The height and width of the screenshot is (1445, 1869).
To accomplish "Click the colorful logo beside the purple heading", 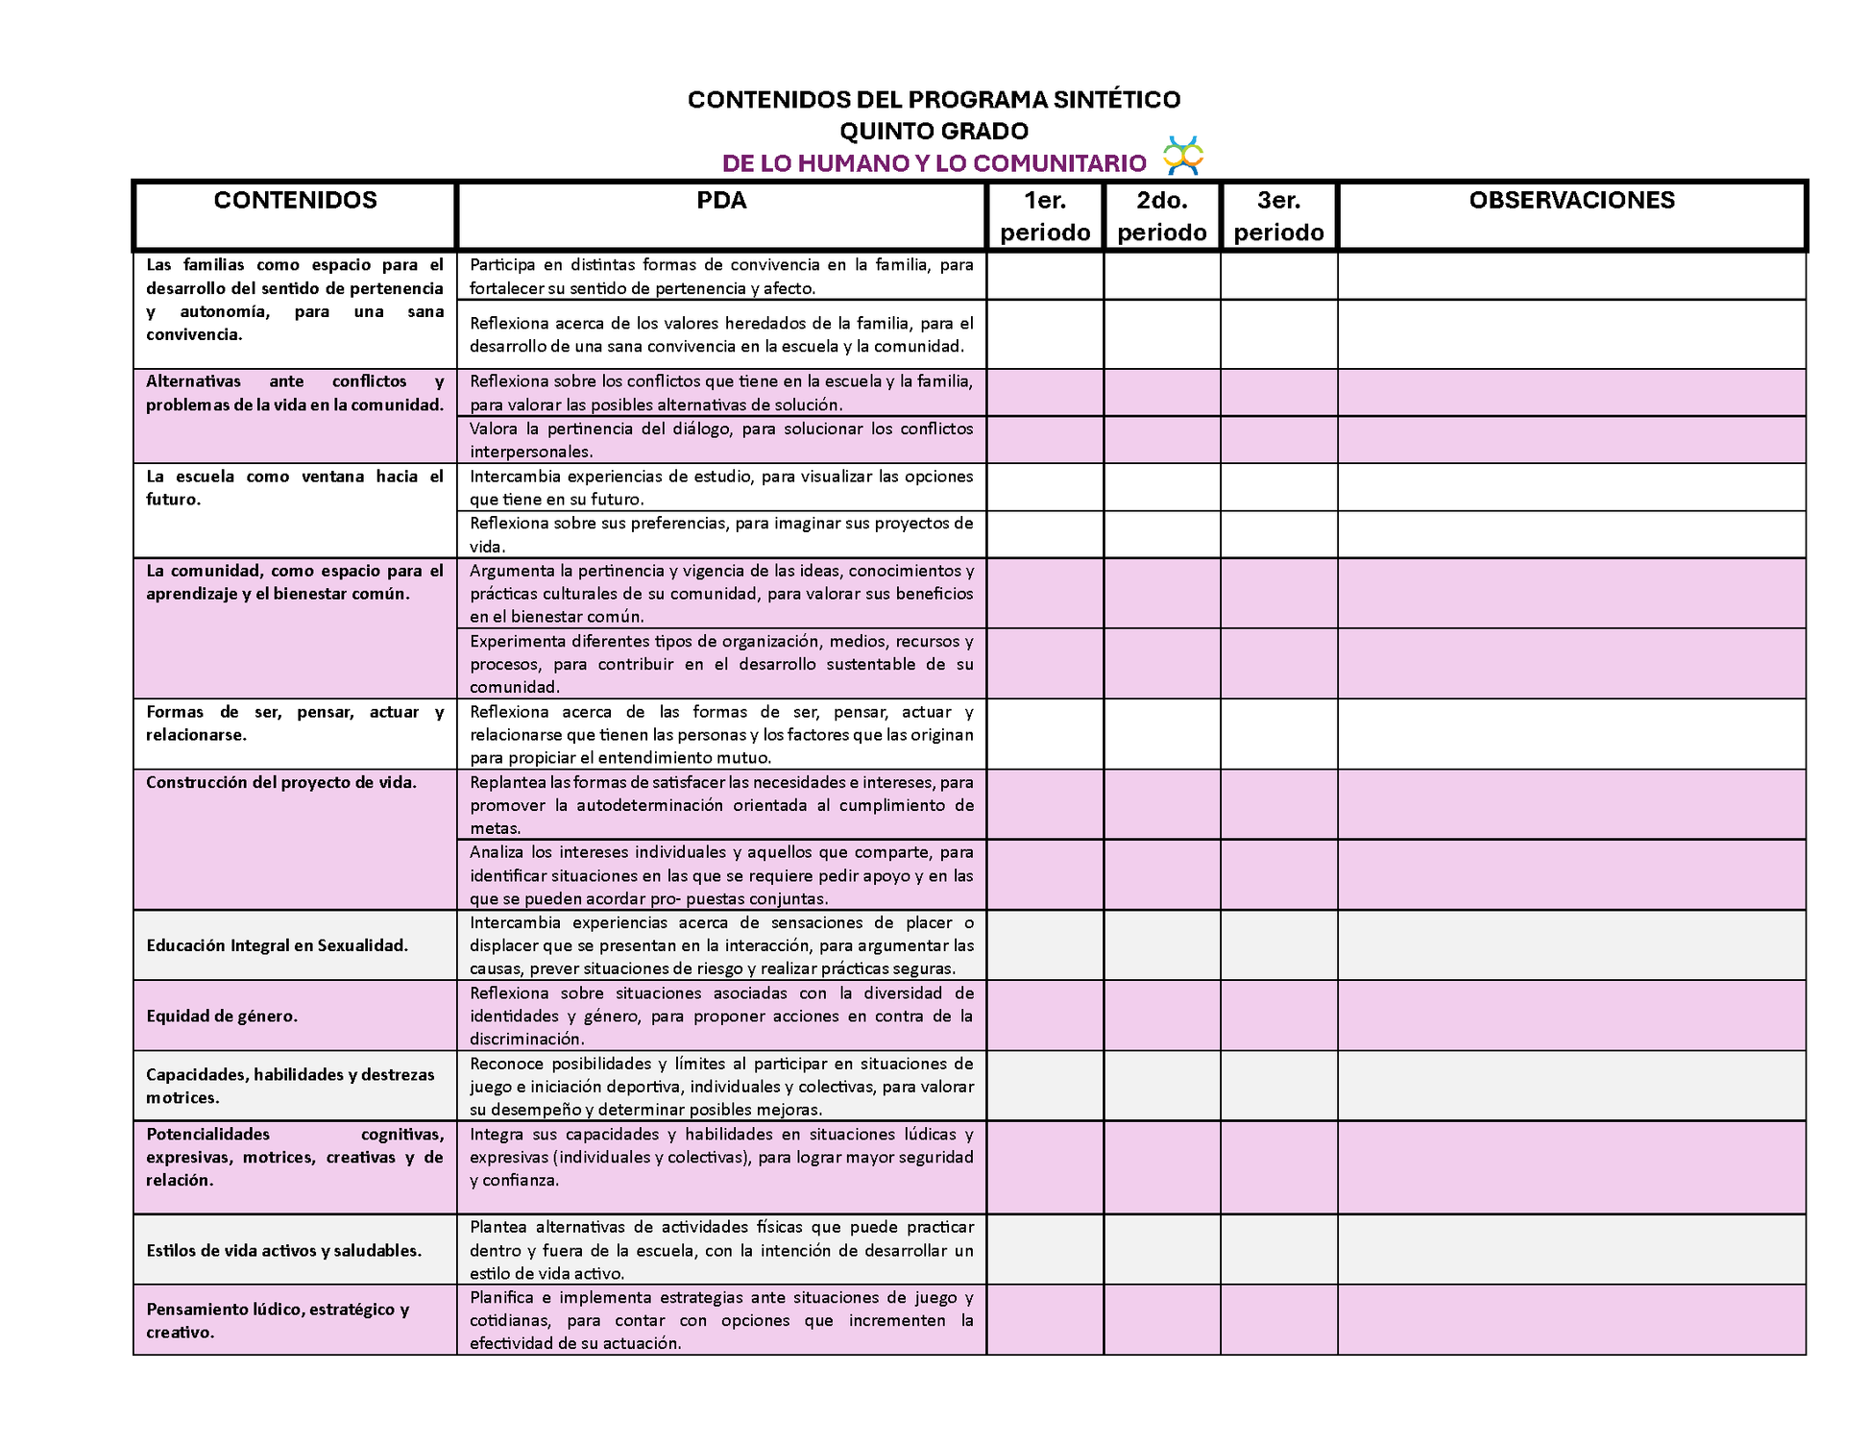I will (x=1182, y=156).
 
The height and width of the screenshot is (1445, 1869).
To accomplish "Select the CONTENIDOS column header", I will (x=295, y=201).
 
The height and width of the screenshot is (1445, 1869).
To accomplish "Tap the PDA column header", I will (x=721, y=201).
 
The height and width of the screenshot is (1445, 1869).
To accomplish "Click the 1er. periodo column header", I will (x=1045, y=216).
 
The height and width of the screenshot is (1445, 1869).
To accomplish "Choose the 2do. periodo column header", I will (x=1162, y=216).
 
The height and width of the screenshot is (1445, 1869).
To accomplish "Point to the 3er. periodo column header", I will (x=1278, y=216).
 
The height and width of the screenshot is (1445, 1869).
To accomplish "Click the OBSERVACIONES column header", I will (x=1571, y=201).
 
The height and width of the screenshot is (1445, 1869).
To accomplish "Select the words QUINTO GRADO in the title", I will (x=934, y=131).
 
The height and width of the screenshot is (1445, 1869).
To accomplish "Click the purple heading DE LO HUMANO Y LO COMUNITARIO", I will (x=934, y=163).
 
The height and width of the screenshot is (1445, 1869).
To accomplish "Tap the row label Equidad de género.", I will (x=222, y=1016).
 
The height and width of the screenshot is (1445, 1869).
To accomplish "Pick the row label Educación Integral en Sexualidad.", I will (x=277, y=945).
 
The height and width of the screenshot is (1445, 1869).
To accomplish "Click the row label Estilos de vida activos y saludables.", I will (x=283, y=1251).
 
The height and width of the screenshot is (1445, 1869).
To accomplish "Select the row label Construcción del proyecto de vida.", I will (x=281, y=782).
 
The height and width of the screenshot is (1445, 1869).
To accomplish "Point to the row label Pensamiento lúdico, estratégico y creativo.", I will (x=278, y=1320).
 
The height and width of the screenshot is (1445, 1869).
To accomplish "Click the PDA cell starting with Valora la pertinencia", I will (x=721, y=440).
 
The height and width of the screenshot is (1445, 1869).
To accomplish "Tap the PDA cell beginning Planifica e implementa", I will (x=721, y=1320).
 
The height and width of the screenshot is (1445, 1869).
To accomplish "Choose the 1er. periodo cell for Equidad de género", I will (x=1045, y=1016).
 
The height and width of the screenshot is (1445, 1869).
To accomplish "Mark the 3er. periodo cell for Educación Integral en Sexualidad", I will (x=1278, y=945).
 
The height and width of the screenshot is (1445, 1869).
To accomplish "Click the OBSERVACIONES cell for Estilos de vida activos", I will (x=1571, y=1250).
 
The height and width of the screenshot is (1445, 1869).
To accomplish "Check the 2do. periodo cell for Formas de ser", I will (x=1162, y=734).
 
